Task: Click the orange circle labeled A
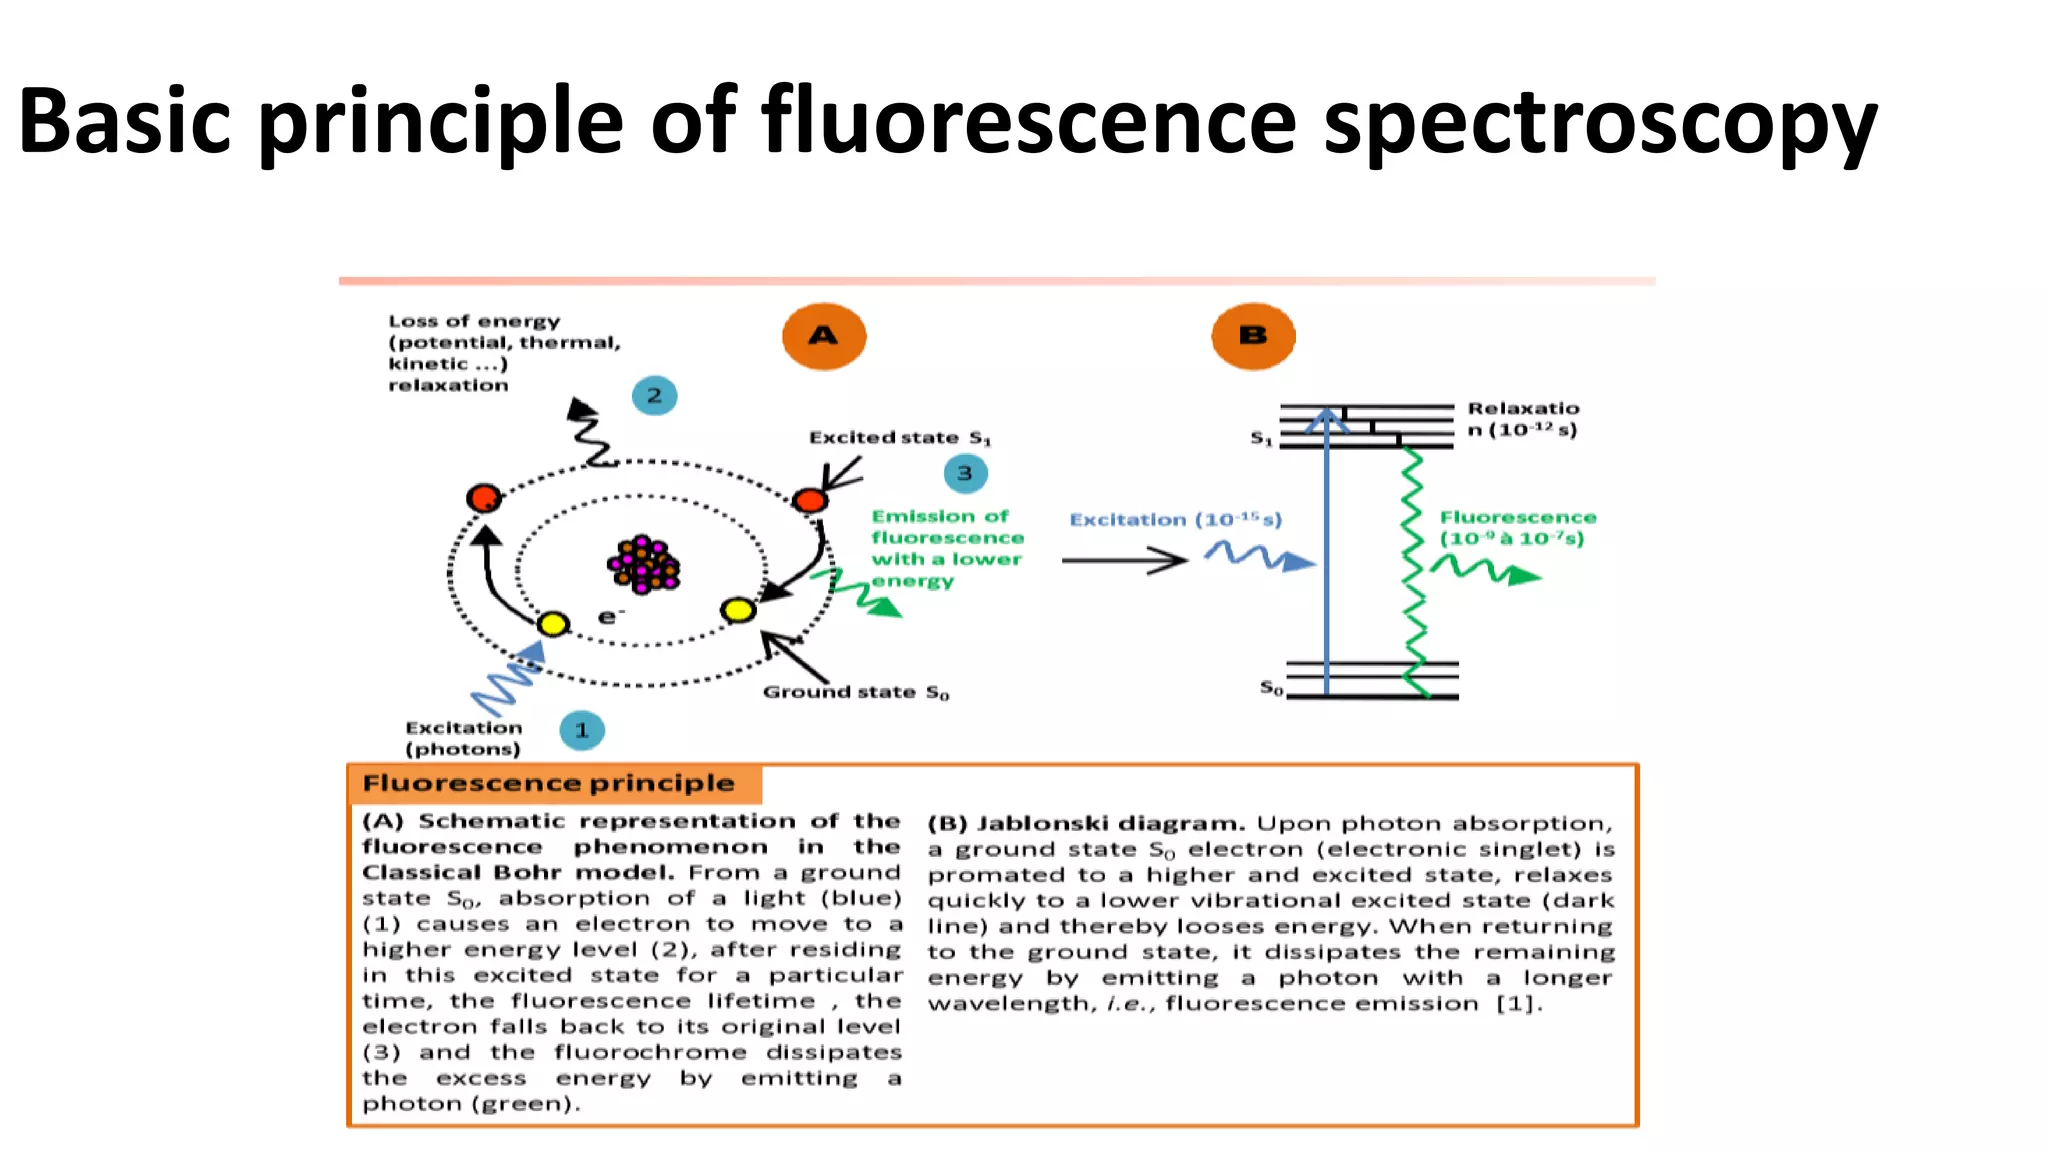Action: pyautogui.click(x=823, y=336)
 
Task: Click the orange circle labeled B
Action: pyautogui.click(x=1252, y=336)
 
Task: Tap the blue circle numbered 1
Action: pyautogui.click(x=582, y=730)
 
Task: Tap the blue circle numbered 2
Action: pyautogui.click(x=654, y=396)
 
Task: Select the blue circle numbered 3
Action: pyautogui.click(x=964, y=473)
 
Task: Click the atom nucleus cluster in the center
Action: pyautogui.click(x=643, y=565)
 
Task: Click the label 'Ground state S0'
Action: pyautogui.click(x=855, y=692)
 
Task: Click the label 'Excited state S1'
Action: pyautogui.click(x=899, y=438)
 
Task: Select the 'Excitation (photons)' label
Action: pyautogui.click(x=463, y=738)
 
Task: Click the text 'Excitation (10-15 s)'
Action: pyautogui.click(x=1175, y=520)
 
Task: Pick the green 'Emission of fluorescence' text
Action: pyautogui.click(x=946, y=548)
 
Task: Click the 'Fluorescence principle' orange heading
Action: pyautogui.click(x=548, y=783)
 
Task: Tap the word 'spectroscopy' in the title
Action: pyautogui.click(x=1600, y=122)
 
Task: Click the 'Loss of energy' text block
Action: pyautogui.click(x=503, y=353)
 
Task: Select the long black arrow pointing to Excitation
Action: pyautogui.click(x=1123, y=561)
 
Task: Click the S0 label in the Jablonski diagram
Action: pyautogui.click(x=1270, y=688)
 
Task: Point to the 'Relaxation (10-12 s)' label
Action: pyautogui.click(x=1522, y=419)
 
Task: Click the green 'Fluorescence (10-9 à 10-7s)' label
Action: pyautogui.click(x=1517, y=528)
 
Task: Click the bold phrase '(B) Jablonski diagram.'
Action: pyautogui.click(x=1085, y=824)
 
